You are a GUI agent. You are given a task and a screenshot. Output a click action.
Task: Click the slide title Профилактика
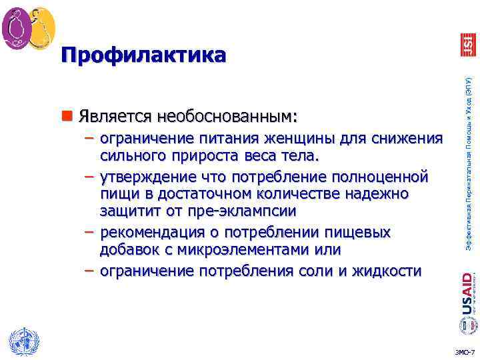(x=143, y=55)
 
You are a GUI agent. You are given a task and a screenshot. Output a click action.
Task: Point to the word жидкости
(x=390, y=271)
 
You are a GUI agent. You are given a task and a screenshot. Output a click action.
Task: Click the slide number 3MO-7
(x=465, y=352)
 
